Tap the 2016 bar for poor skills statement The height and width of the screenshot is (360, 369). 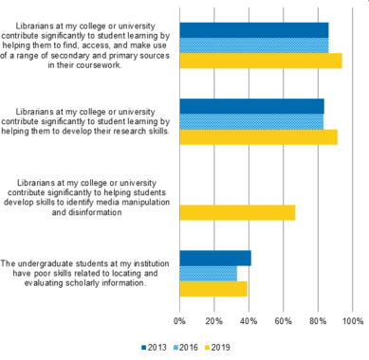coord(208,273)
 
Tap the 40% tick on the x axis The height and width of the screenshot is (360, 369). coord(249,321)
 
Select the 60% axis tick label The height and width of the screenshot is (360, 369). coord(284,321)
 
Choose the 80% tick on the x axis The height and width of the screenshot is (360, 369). coord(318,321)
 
